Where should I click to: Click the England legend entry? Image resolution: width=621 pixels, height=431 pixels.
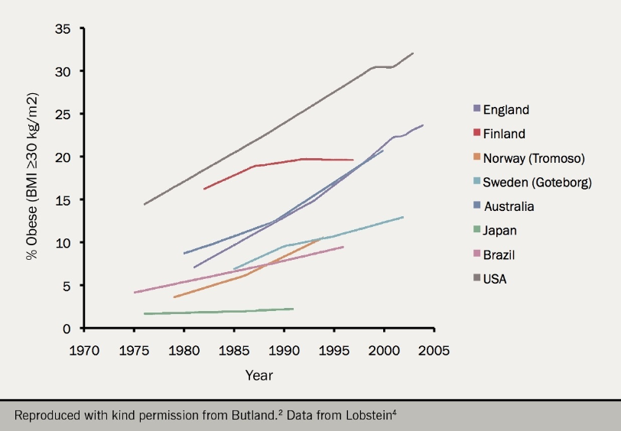click(506, 110)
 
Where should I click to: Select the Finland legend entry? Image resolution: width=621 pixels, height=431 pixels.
click(504, 134)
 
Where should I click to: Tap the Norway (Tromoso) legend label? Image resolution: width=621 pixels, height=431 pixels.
click(533, 158)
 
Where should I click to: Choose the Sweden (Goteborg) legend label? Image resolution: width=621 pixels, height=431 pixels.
click(537, 183)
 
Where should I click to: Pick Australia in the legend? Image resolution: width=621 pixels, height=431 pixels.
click(509, 206)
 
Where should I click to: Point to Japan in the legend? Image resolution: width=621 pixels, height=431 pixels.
click(500, 231)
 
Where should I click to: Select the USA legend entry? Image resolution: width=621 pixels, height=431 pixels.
click(495, 279)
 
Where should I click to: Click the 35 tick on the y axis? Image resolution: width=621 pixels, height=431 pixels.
click(63, 29)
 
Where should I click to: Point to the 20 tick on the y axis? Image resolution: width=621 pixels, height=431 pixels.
click(63, 157)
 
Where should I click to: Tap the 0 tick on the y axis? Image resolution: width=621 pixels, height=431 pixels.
click(67, 329)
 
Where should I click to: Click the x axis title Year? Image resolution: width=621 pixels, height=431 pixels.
click(258, 375)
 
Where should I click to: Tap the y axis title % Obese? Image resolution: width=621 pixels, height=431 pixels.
click(32, 178)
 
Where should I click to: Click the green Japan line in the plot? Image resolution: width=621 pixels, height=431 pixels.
click(222, 311)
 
